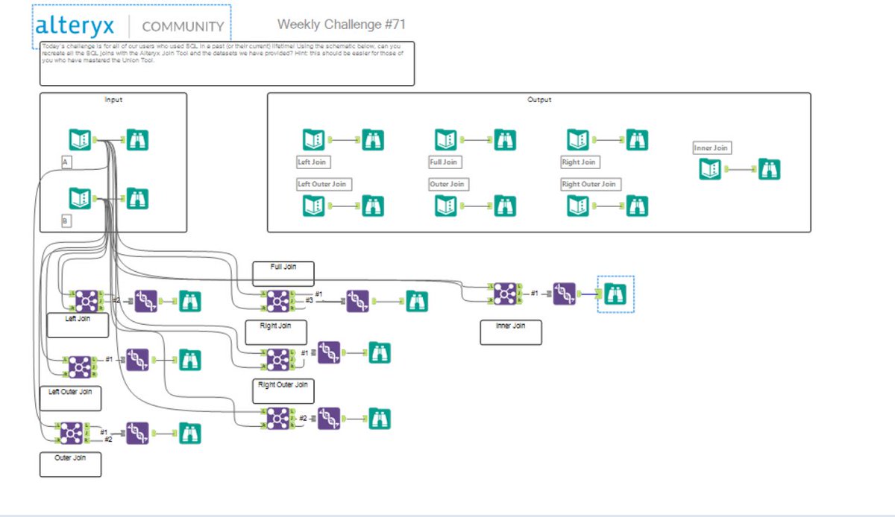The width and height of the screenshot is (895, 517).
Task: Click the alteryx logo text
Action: pyautogui.click(x=75, y=26)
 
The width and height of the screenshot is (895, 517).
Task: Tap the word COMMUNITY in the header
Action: pyautogui.click(x=183, y=27)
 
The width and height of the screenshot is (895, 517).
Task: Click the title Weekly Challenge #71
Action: pyautogui.click(x=342, y=25)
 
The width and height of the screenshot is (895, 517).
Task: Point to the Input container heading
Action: pyautogui.click(x=113, y=99)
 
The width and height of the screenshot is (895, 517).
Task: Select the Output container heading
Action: pyautogui.click(x=538, y=99)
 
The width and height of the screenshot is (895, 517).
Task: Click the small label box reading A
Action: pyautogui.click(x=66, y=161)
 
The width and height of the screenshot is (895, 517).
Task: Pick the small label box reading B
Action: pyautogui.click(x=66, y=221)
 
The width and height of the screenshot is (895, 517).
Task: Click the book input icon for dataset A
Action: pyautogui.click(x=80, y=139)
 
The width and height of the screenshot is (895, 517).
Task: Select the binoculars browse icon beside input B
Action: pyautogui.click(x=137, y=199)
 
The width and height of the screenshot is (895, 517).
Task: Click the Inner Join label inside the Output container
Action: pyautogui.click(x=711, y=148)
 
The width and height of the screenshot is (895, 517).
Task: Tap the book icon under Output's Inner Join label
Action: pyautogui.click(x=710, y=169)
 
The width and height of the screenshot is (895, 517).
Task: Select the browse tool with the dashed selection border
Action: pyautogui.click(x=616, y=294)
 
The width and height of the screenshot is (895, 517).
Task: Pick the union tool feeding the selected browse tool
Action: pyautogui.click(x=565, y=294)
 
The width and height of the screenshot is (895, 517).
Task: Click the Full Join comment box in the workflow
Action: pyautogui.click(x=283, y=273)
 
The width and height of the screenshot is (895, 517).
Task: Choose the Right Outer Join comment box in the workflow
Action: pyautogui.click(x=283, y=391)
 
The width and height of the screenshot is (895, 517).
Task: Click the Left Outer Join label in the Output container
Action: pyautogui.click(x=323, y=184)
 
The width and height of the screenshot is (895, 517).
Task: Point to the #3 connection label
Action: pyautogui.click(x=309, y=300)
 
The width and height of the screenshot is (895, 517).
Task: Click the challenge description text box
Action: pyautogui.click(x=227, y=63)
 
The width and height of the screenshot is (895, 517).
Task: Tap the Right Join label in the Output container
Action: pyautogui.click(x=579, y=162)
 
